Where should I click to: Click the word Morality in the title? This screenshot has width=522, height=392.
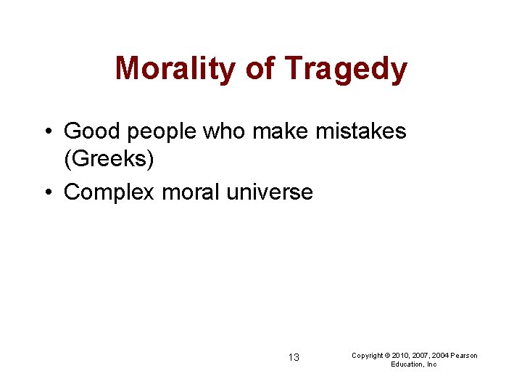pos(176,70)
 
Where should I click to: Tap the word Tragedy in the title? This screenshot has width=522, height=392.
pos(346,70)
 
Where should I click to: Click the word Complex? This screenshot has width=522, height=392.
pos(109,192)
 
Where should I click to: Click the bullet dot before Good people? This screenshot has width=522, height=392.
pos(47,132)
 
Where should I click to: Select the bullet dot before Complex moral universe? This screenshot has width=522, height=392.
pos(47,193)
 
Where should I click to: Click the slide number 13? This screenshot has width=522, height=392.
pos(294,357)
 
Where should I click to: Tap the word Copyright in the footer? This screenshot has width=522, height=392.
pos(367,355)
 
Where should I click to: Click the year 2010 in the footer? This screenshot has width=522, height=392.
pos(399,355)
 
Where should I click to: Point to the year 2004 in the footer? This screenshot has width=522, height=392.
pos(439,355)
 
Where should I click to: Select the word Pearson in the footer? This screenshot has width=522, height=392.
pos(464,355)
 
